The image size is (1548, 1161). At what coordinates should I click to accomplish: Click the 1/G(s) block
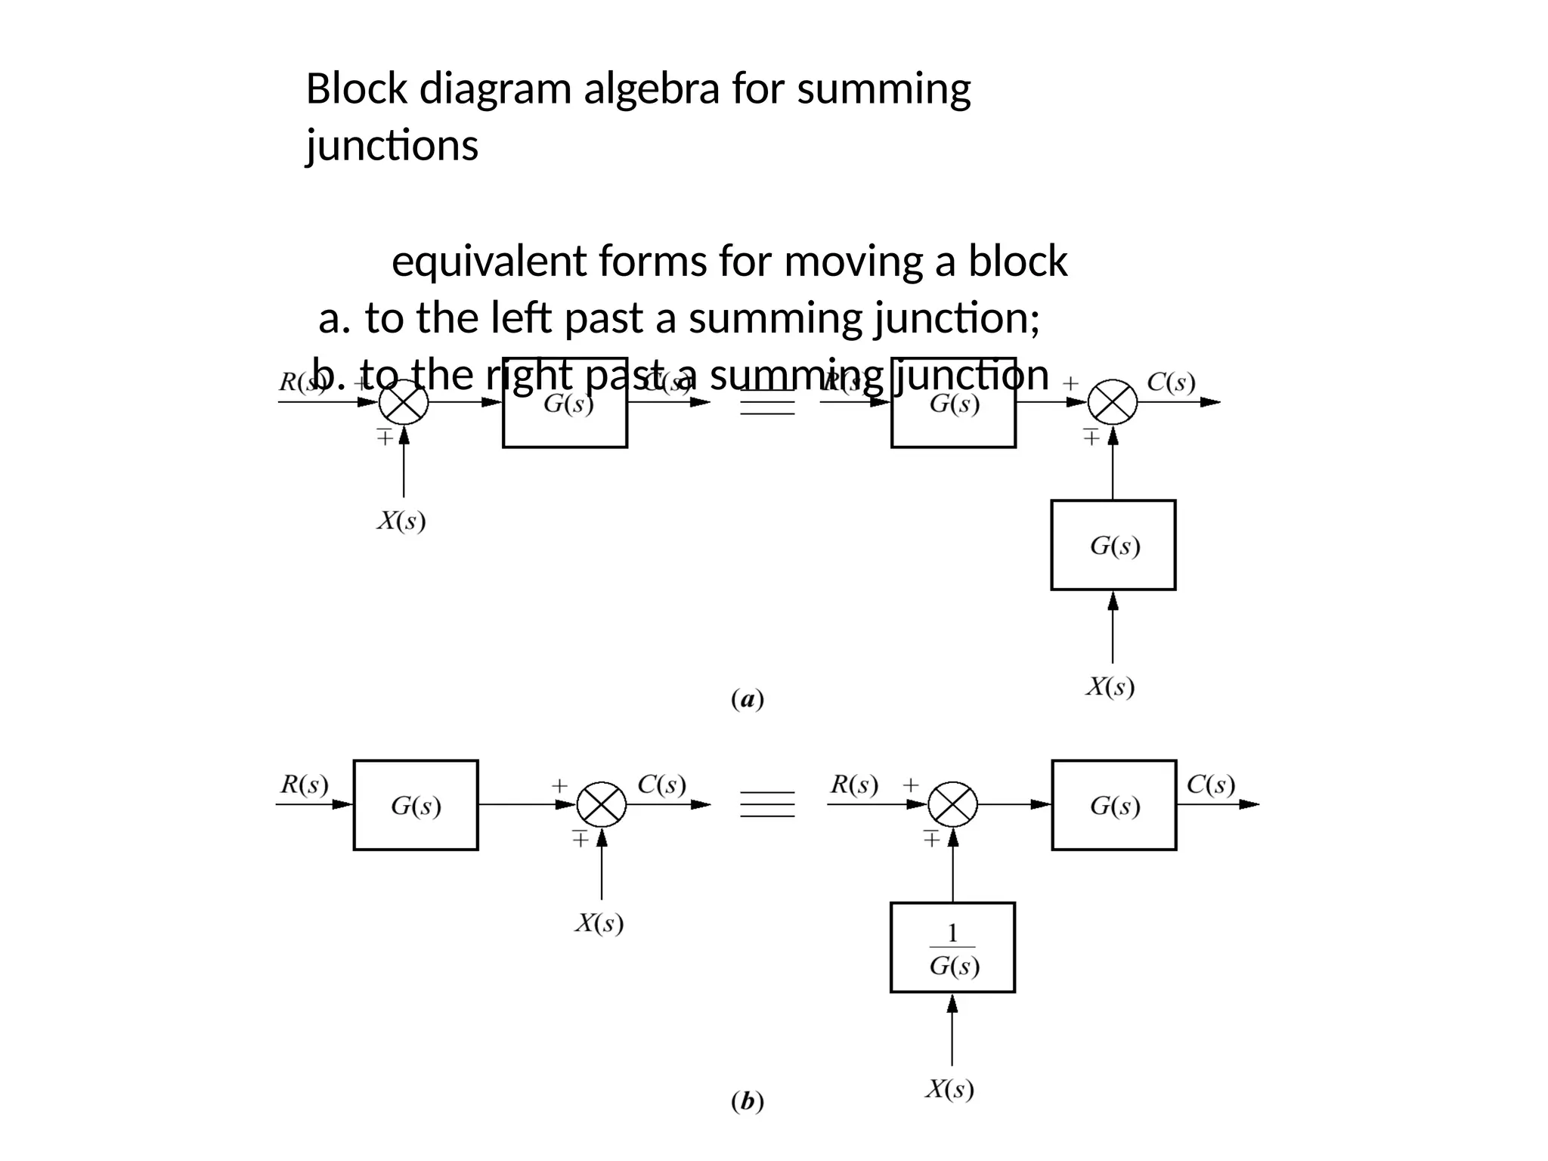coord(952,947)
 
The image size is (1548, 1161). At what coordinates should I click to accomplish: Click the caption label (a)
coord(748,700)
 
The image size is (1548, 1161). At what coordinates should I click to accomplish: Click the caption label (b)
coord(748,1102)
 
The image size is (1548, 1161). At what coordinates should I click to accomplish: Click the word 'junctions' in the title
coord(392,145)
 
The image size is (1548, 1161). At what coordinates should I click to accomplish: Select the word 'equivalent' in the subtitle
coord(489,262)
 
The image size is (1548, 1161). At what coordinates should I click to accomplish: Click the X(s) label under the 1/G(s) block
coord(950,1089)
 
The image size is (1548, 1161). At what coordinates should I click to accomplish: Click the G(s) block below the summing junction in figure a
coord(1113,545)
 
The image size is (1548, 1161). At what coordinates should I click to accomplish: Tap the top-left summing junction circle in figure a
coord(404,402)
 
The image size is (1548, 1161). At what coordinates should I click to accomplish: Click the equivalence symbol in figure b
coord(767,804)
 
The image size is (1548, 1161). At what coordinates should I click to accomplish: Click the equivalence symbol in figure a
coord(767,402)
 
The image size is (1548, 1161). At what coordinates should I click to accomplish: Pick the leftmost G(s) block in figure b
coord(416,805)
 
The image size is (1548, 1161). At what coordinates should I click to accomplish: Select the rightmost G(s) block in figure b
coord(1113,805)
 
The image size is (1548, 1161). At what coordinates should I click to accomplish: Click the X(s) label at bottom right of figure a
coord(1110,687)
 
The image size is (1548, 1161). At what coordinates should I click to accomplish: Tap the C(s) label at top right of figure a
coord(1171,382)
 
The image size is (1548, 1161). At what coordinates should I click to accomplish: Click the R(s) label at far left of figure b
coord(305,785)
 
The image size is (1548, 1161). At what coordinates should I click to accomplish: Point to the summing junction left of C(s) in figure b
coord(602,805)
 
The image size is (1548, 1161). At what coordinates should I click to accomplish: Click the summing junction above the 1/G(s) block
coord(952,805)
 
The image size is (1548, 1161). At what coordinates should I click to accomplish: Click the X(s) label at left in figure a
coord(401,521)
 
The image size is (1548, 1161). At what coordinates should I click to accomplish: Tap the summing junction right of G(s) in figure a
coord(1113,402)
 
